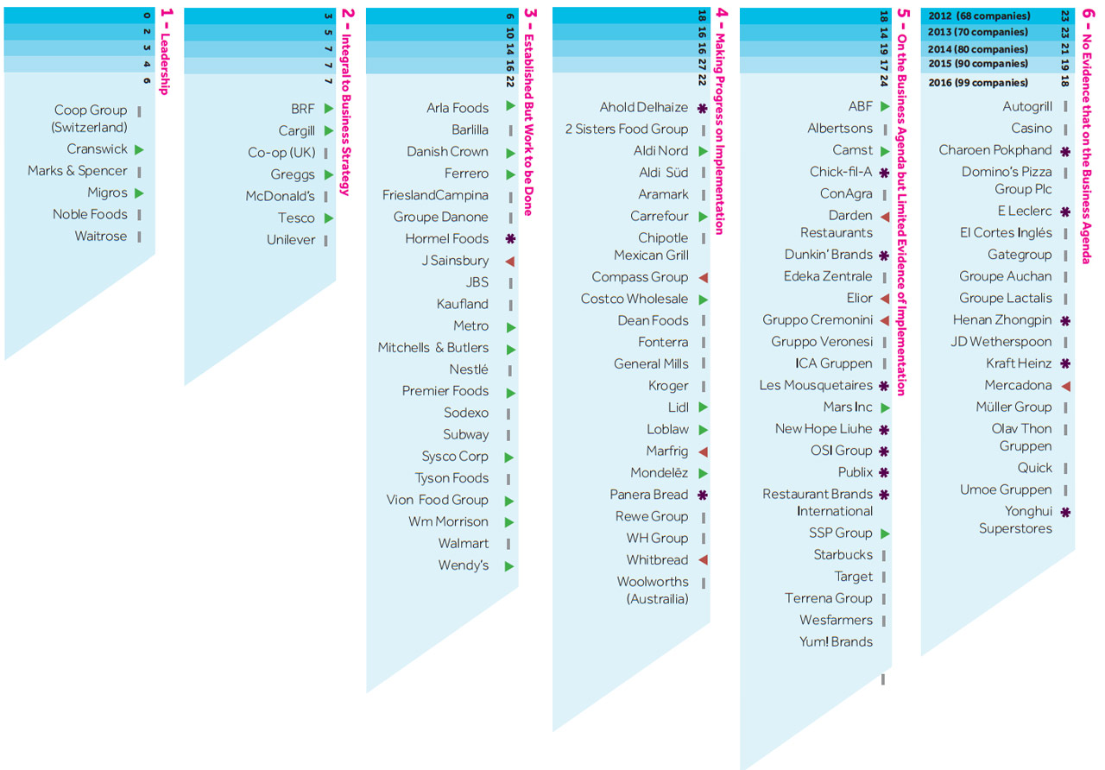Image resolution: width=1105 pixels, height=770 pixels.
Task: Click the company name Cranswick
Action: (97, 149)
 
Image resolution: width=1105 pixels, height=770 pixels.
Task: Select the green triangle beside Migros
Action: (139, 193)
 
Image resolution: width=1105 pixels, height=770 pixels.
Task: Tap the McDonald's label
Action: (280, 196)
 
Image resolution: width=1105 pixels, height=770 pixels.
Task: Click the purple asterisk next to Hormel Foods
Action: (510, 239)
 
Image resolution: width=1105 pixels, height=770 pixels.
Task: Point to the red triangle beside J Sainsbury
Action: (510, 261)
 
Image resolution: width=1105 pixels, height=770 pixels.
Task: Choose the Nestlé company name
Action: (468, 369)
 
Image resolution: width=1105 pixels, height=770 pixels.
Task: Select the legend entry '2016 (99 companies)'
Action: (978, 83)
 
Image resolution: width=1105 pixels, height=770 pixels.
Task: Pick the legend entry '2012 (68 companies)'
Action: (979, 16)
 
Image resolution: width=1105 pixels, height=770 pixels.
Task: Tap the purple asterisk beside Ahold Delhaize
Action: (703, 109)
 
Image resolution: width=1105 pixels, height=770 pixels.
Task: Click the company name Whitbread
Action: (657, 560)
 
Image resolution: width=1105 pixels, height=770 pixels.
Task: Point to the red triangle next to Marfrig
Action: (703, 451)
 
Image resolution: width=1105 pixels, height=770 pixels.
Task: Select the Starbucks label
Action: (843, 555)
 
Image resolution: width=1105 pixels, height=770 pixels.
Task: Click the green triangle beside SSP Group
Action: (885, 533)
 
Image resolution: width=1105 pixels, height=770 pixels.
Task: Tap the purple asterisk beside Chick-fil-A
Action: (884, 173)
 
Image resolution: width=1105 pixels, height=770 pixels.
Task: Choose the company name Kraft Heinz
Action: (1019, 363)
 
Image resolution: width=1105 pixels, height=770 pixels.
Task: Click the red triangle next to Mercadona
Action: (1065, 386)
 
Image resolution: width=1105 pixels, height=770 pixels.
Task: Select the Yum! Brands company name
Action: (836, 642)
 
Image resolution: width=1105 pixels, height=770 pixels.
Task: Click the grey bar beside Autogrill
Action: (1065, 107)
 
